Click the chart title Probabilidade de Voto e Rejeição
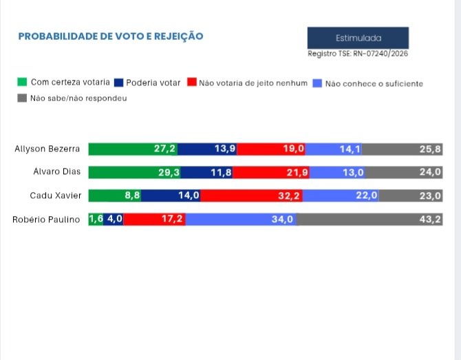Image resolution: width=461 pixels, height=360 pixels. [x=110, y=36]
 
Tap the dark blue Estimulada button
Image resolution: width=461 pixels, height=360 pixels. [x=358, y=39]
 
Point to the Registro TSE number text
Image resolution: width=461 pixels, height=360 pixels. [x=358, y=54]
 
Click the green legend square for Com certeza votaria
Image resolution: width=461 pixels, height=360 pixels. [x=21, y=83]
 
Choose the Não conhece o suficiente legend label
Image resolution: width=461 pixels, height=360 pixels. [x=374, y=83]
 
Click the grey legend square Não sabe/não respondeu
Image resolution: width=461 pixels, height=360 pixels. [x=21, y=98]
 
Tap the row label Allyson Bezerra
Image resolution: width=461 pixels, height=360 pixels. [x=47, y=149]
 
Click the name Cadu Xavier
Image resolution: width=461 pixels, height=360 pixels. [x=55, y=195]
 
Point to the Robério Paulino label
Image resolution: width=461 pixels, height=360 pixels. [x=47, y=220]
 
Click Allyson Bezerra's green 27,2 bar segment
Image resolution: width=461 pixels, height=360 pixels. [x=133, y=149]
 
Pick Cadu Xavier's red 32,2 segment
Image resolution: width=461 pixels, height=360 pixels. [x=251, y=195]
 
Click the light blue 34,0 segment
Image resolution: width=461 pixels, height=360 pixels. [x=241, y=220]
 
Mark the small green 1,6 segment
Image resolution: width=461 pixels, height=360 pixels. [x=96, y=220]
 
